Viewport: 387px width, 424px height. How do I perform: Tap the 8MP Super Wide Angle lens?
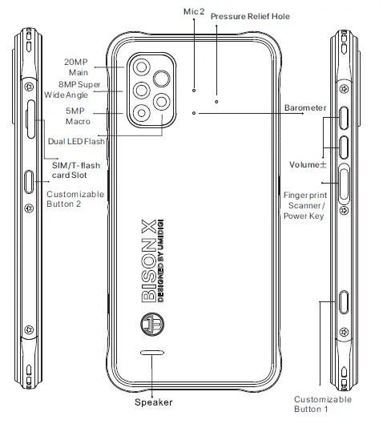pyautogui.click(x=142, y=90)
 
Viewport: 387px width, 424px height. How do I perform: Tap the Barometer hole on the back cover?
pyautogui.click(x=194, y=113)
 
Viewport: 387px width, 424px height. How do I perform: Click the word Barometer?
pyautogui.click(x=304, y=107)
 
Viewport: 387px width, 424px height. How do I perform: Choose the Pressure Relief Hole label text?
pyautogui.click(x=250, y=15)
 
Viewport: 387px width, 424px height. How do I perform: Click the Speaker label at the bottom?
pyautogui.click(x=152, y=402)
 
